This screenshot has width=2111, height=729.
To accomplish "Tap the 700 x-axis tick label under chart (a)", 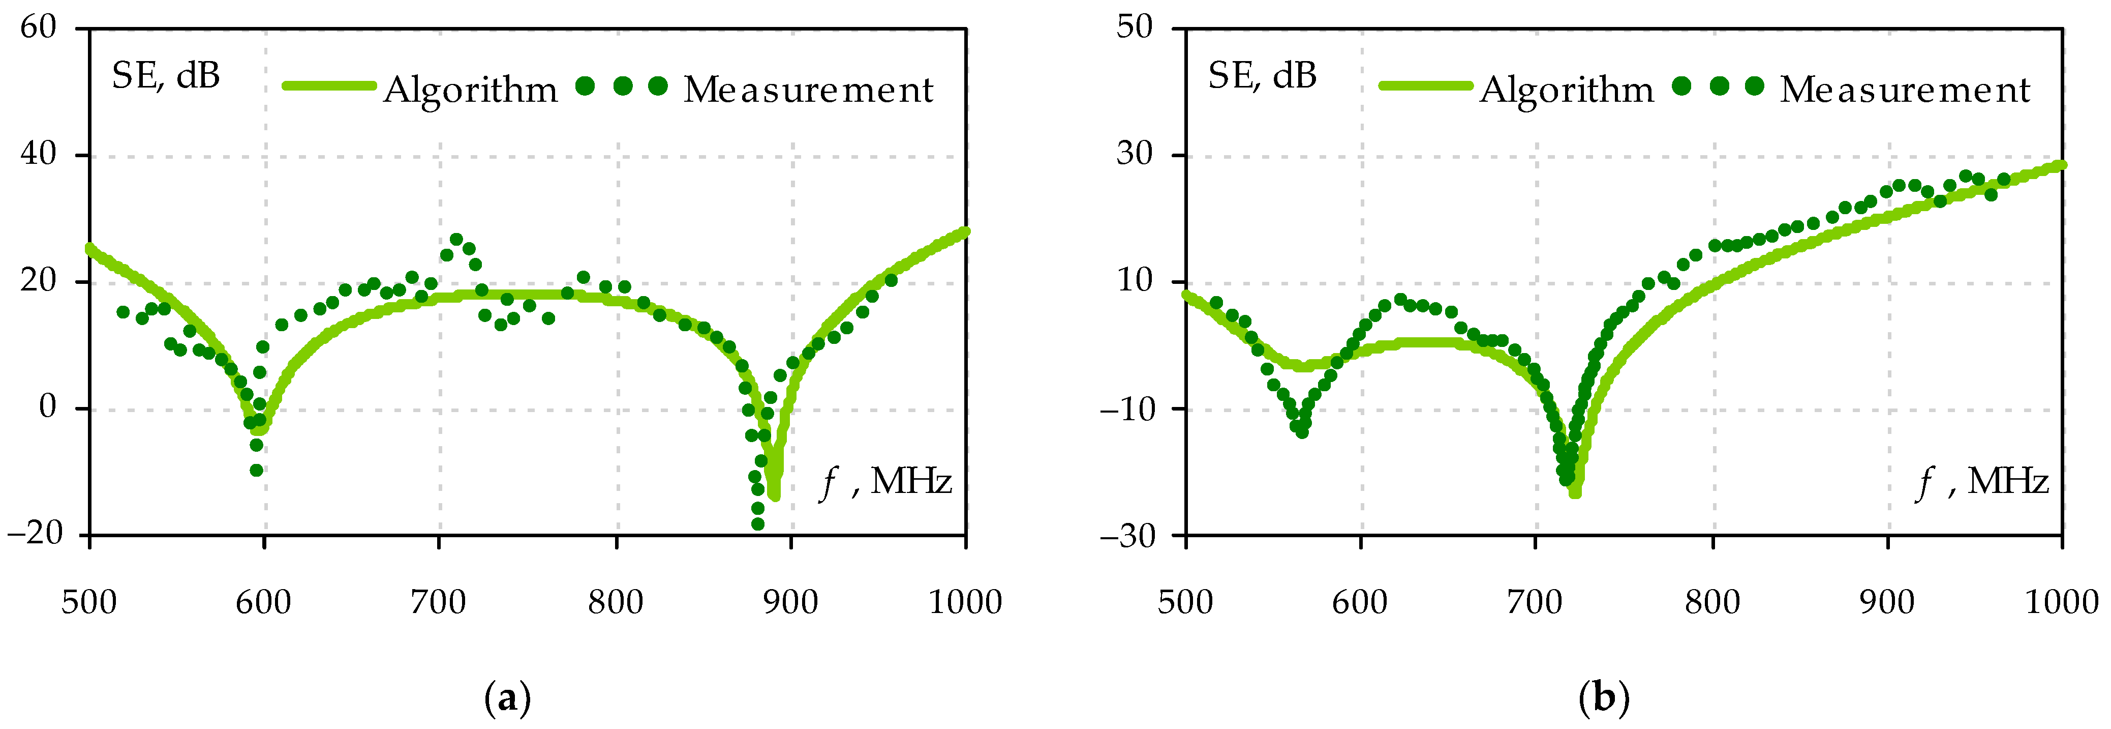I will [x=439, y=603].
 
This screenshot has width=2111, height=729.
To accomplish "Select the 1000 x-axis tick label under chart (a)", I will [x=965, y=603].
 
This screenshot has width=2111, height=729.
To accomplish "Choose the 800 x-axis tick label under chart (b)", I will [x=1712, y=603].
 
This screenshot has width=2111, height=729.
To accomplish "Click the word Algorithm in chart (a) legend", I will [x=470, y=90].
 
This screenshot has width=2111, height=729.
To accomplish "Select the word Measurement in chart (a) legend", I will [x=808, y=90].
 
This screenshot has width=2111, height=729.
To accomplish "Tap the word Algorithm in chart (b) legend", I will [x=1567, y=90].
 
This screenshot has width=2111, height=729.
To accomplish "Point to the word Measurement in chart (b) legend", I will [x=1905, y=90].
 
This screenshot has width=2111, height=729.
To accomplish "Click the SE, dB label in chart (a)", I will [x=166, y=76].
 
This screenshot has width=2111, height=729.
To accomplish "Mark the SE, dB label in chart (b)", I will [x=1262, y=76].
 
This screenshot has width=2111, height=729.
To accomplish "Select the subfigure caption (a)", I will [x=508, y=698].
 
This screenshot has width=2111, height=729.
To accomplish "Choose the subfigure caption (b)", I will [x=1604, y=698].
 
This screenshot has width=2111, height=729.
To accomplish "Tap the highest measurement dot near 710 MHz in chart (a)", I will [x=456, y=240].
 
